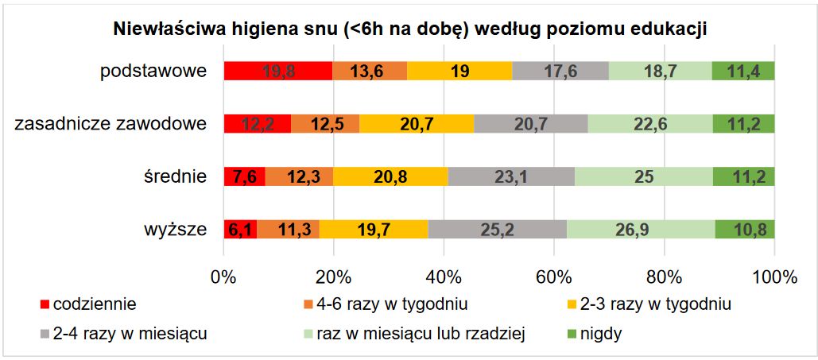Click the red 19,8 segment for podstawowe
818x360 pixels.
277,71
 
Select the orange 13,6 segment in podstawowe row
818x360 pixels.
370,71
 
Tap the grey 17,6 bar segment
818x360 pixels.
560,71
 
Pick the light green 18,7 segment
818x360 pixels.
660,71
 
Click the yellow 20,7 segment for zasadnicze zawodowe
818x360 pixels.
417,124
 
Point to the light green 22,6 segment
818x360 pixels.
650,124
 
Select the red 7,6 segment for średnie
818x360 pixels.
244,176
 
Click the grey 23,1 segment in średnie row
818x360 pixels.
511,176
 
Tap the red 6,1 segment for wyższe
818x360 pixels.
240,230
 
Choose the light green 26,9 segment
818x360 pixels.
641,230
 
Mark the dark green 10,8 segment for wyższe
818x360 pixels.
745,230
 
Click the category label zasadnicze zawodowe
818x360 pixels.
110,124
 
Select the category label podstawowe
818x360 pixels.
153,71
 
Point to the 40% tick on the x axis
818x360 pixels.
444,277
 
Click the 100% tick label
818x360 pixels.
773,277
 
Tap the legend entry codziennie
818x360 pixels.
95,304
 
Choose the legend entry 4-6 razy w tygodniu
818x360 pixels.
390,304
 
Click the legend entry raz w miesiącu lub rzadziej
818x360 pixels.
421,334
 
